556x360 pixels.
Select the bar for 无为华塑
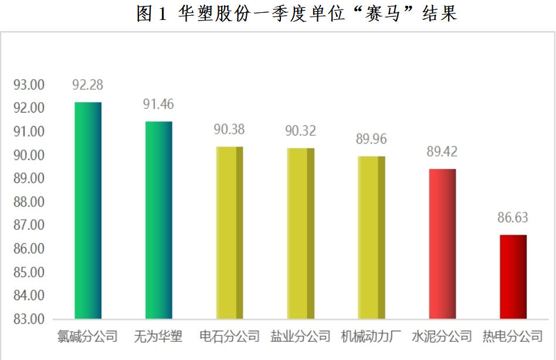click(x=158, y=220)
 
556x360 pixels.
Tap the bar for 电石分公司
click(x=229, y=233)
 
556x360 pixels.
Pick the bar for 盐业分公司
click(x=300, y=233)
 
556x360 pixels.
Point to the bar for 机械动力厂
click(x=371, y=237)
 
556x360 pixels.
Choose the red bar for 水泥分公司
click(x=442, y=244)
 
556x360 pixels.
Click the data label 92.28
click(x=88, y=85)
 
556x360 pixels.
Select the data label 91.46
click(x=158, y=104)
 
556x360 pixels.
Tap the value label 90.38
click(x=229, y=130)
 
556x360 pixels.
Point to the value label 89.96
click(x=371, y=140)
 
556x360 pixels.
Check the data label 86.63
click(x=513, y=218)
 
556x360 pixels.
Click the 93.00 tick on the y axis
click(x=29, y=85)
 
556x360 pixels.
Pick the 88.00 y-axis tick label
click(x=29, y=202)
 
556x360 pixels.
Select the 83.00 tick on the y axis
click(x=29, y=320)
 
